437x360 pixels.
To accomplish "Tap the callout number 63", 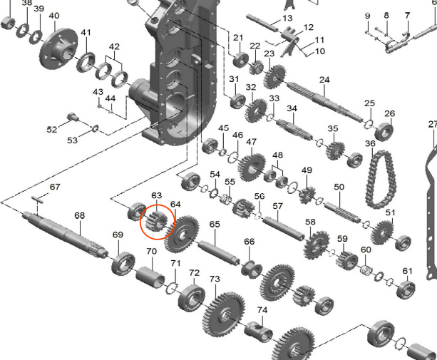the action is tap(156, 195).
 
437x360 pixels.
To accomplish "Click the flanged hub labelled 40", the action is tap(58, 48).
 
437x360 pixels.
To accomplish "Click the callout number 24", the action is tap(324, 80).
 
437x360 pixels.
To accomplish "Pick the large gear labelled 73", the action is tap(224, 314).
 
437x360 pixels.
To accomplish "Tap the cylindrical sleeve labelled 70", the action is tap(150, 277).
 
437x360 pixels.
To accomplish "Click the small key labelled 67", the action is tap(38, 199).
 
